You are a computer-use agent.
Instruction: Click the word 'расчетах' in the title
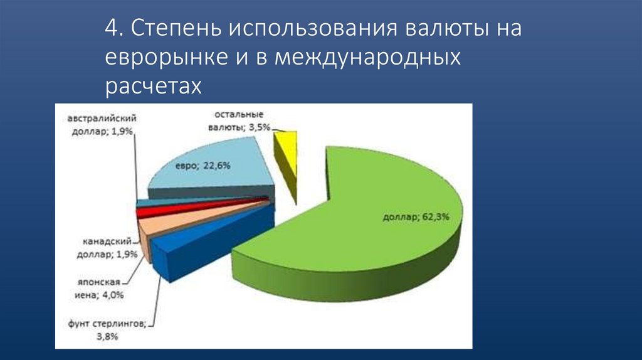point(154,86)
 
